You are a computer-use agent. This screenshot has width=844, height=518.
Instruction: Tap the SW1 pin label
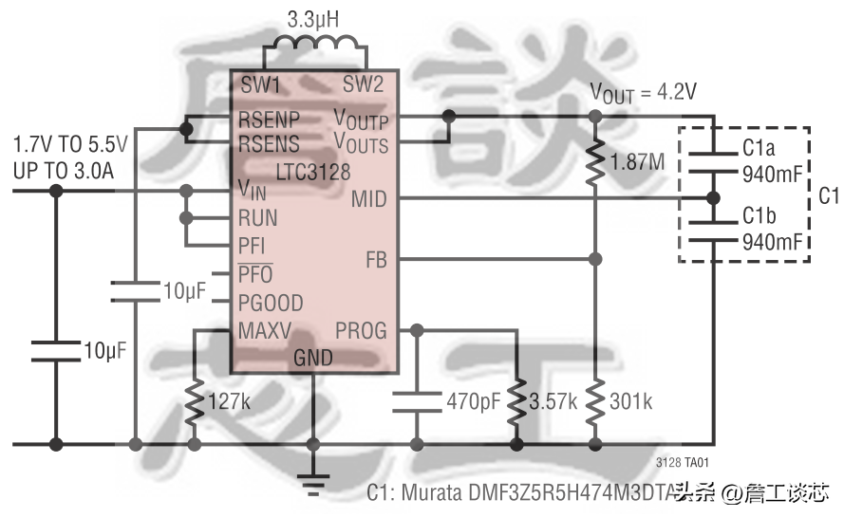pos(260,84)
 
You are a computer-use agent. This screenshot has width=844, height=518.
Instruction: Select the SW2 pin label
pos(363,84)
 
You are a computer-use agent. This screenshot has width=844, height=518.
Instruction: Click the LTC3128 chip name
pos(313,174)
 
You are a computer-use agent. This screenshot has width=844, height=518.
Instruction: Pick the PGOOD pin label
pos(271,304)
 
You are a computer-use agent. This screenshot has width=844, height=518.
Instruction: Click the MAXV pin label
pos(265,331)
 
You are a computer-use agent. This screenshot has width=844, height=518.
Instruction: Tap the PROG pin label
pos(361,331)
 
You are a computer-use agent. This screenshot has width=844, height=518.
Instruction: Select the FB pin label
pos(376,259)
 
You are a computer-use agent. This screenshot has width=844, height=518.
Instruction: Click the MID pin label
pos(369,199)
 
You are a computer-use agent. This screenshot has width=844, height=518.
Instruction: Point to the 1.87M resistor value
pos(639,162)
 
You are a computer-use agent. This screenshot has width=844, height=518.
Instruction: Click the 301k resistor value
pos(631,402)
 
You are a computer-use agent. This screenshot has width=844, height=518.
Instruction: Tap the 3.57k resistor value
pos(553,402)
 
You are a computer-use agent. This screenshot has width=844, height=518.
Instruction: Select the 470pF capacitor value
pos(473,402)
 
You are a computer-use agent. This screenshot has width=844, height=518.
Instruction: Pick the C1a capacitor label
pos(760,148)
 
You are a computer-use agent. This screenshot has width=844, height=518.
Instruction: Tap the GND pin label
pos(313,359)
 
